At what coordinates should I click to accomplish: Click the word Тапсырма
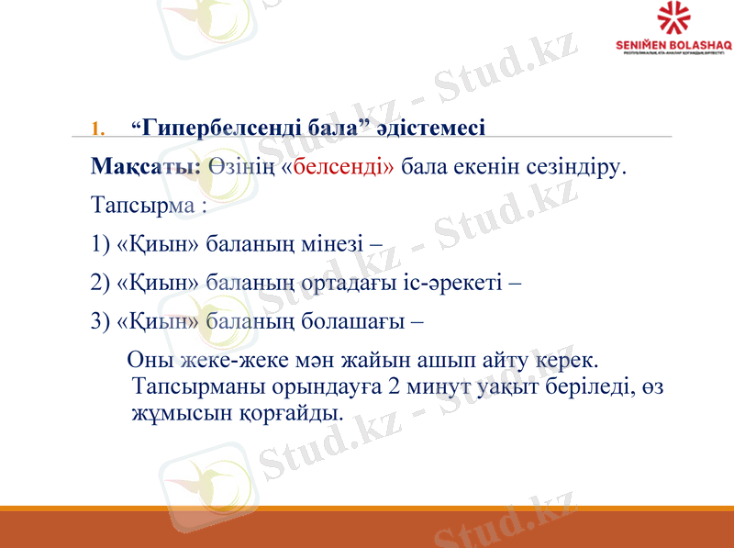[x=142, y=206]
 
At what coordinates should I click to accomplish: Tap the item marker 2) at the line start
[x=102, y=284]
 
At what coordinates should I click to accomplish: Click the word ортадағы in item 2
[x=354, y=284]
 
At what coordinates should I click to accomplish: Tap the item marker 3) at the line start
[x=102, y=322]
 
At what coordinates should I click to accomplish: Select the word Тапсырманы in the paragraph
[x=189, y=386]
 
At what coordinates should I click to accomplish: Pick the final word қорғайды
[x=291, y=414]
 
